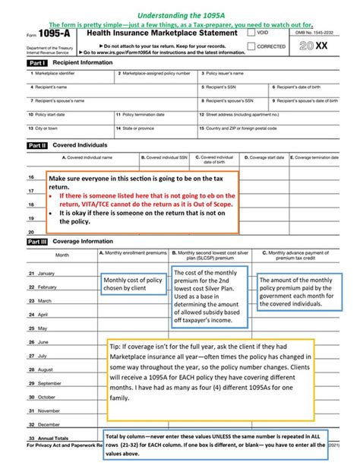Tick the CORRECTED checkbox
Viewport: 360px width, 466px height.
tap(251, 46)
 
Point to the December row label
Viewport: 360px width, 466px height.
tap(46, 424)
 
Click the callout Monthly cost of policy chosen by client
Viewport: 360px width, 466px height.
tap(133, 285)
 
